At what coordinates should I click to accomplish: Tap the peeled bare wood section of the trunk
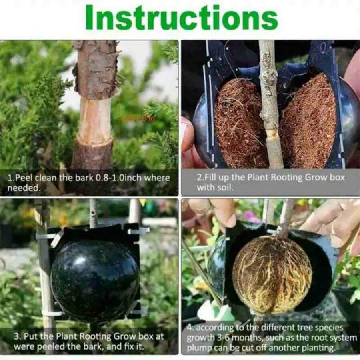(94, 122)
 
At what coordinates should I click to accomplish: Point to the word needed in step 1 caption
(24, 188)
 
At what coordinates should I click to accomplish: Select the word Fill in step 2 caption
(209, 177)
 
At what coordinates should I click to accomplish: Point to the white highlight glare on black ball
(80, 260)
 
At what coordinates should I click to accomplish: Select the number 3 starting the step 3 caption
(16, 336)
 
